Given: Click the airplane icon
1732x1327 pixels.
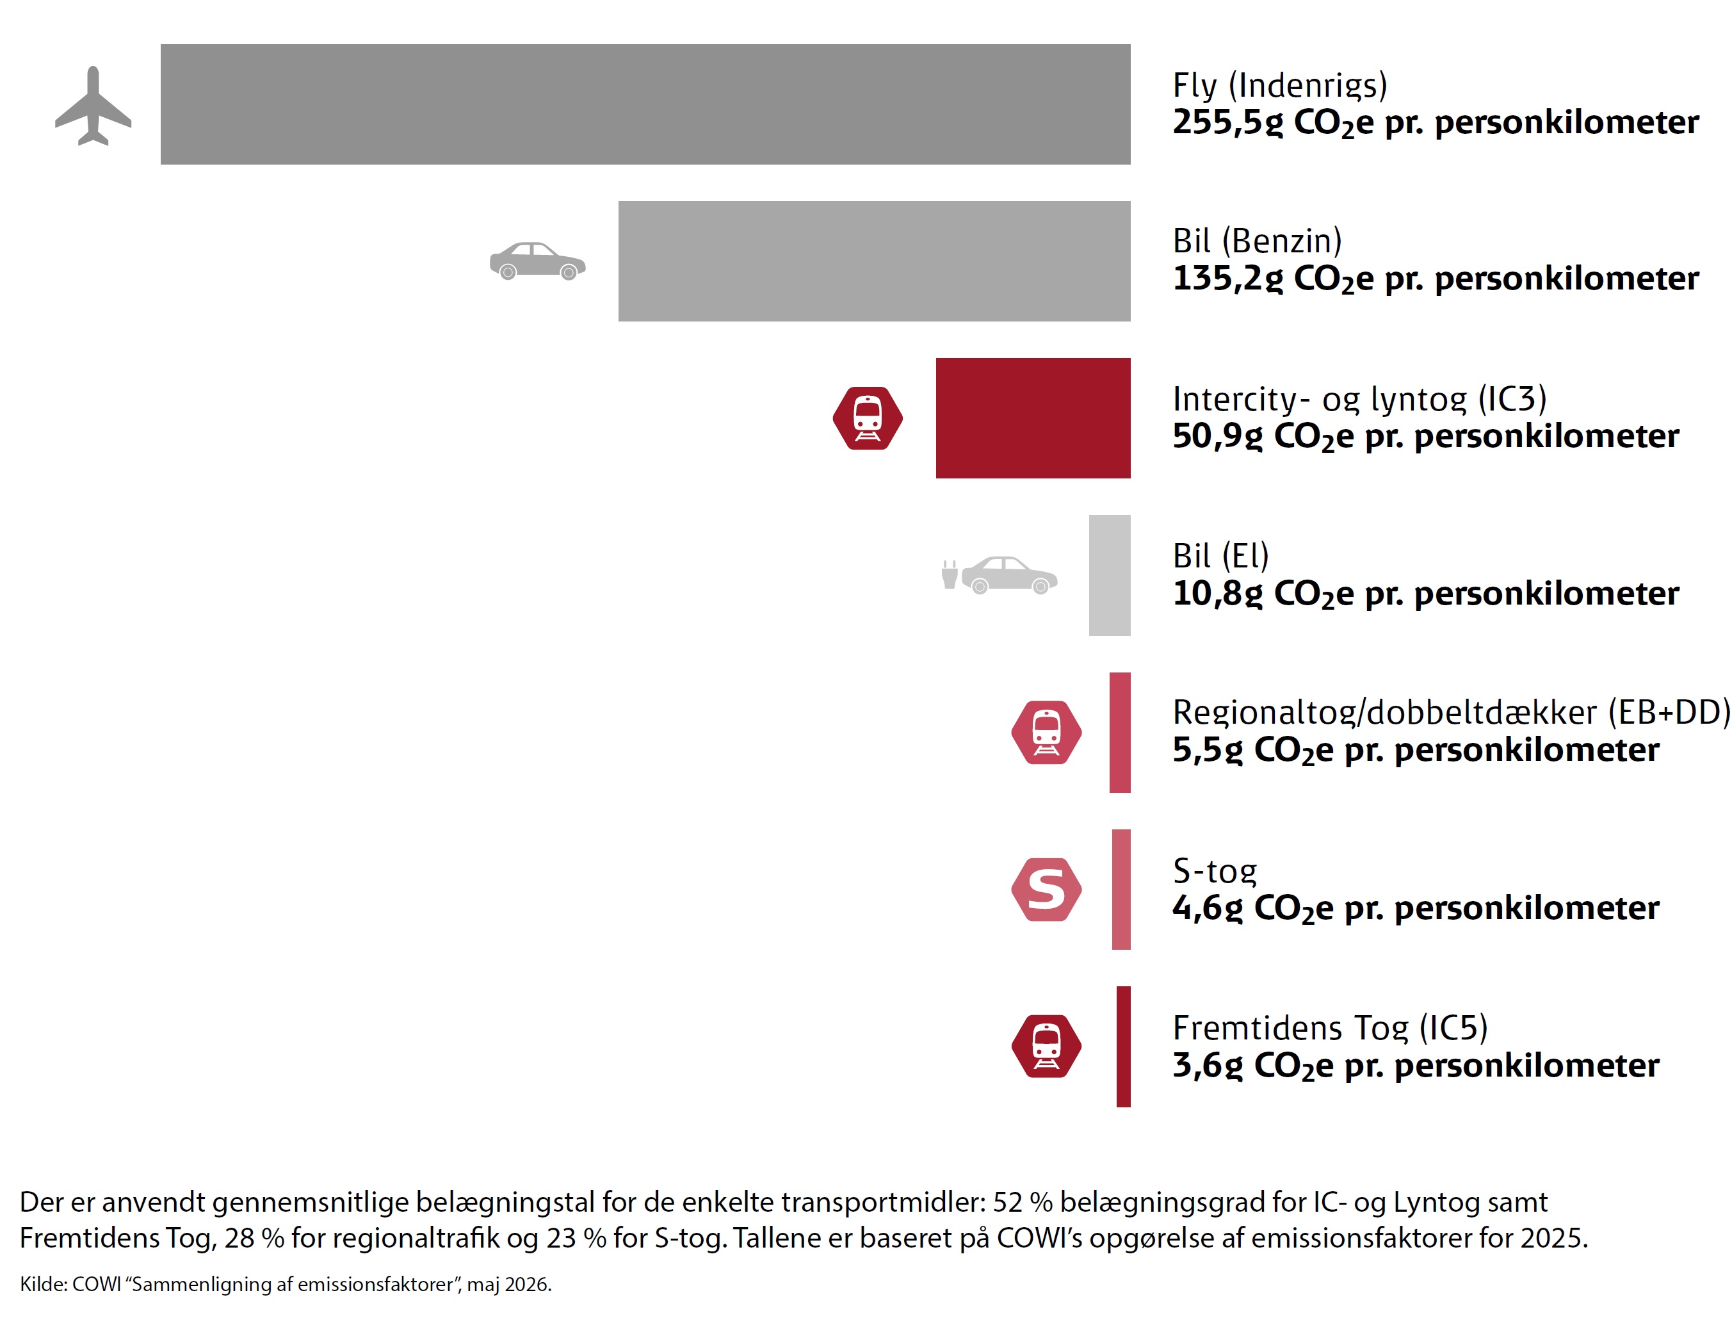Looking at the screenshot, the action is click(93, 106).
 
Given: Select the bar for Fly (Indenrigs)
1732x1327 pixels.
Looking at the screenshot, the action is click(645, 104).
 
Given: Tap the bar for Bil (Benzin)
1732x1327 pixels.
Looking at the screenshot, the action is click(874, 261).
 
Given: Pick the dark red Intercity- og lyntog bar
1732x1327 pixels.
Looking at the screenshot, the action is click(1033, 418).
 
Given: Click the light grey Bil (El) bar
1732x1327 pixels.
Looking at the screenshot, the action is click(1110, 575).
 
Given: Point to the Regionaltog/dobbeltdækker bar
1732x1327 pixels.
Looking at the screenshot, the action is click(1120, 732).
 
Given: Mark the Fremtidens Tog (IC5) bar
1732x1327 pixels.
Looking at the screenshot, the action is click(1124, 1046).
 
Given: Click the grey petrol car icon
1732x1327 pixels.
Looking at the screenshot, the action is click(538, 261).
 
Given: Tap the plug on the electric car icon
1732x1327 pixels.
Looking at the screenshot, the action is click(950, 575).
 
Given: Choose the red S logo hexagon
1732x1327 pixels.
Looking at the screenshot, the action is click(1046, 890).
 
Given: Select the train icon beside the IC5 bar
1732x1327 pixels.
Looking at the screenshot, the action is click(1046, 1046).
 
